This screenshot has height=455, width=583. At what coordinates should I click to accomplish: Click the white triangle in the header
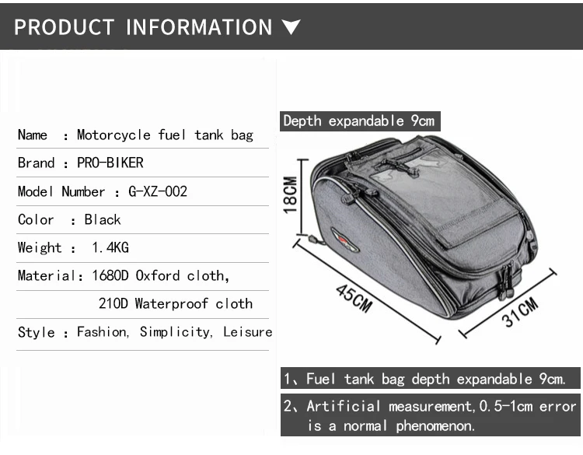(291, 27)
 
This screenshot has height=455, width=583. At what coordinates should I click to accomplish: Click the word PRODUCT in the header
(64, 27)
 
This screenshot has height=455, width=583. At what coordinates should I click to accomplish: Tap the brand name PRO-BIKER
(110, 163)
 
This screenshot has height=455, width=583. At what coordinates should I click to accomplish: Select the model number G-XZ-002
(158, 191)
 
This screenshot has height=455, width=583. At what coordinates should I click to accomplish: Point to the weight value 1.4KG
(110, 247)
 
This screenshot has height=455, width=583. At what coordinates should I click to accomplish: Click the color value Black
(103, 219)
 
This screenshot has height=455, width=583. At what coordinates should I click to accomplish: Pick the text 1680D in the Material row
(110, 275)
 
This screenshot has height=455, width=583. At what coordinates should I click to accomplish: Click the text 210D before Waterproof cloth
(113, 303)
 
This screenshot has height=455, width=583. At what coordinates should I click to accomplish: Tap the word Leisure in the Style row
(248, 331)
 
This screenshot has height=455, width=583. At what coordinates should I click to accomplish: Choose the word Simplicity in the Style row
(176, 332)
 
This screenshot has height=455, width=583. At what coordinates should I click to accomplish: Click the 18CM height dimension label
(290, 195)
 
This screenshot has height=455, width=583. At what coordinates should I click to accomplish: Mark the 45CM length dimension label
(354, 299)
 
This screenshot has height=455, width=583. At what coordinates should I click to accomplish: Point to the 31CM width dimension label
(519, 312)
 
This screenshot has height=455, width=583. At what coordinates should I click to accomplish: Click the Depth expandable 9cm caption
(359, 121)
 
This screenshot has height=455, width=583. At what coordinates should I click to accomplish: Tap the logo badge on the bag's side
(344, 240)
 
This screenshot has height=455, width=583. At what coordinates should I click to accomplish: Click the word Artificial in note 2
(344, 406)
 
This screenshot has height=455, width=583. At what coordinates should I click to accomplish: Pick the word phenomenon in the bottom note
(435, 426)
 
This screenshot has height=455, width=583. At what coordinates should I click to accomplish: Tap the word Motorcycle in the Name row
(113, 135)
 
